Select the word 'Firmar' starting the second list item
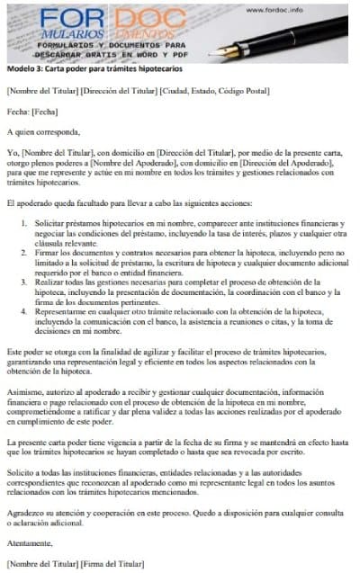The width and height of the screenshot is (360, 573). [49, 254]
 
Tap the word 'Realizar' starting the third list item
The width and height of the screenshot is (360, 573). [51, 282]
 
